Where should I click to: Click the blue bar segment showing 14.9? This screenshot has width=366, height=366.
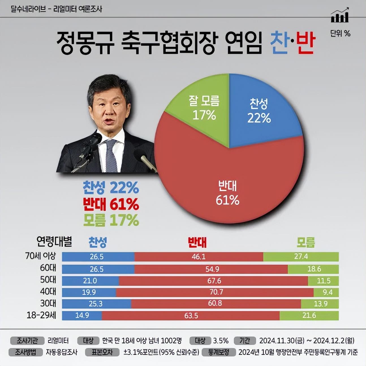click(x=82, y=315)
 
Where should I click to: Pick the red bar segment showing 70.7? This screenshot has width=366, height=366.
click(x=215, y=292)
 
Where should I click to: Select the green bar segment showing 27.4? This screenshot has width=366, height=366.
click(x=301, y=257)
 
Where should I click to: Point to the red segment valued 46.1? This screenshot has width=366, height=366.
click(x=199, y=257)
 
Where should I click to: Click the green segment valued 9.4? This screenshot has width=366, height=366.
click(x=326, y=292)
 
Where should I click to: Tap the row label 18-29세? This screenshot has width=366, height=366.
click(x=41, y=315)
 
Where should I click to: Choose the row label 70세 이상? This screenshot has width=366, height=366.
click(x=41, y=256)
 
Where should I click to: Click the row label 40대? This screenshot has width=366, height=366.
click(x=48, y=292)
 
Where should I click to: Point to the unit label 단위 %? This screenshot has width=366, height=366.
click(x=340, y=34)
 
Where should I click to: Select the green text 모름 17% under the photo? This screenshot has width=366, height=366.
click(x=111, y=220)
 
